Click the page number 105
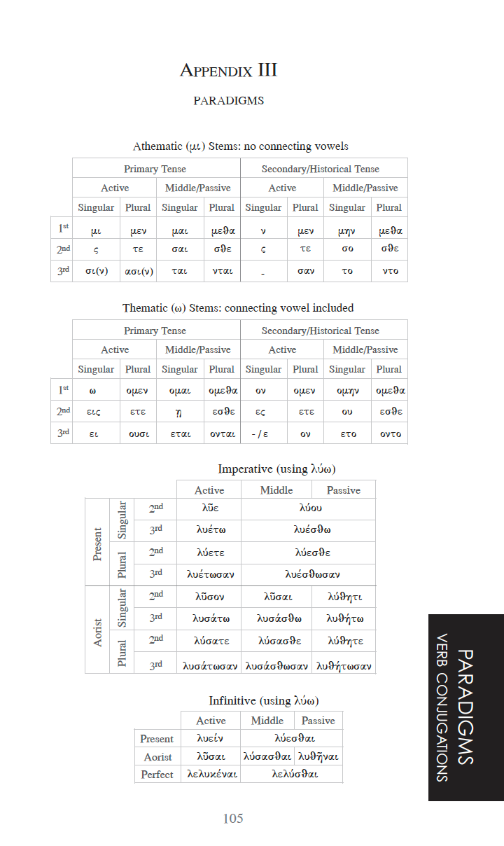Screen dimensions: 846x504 [233, 819]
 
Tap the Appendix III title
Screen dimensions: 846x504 [228, 70]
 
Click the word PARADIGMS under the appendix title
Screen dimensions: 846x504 [228, 100]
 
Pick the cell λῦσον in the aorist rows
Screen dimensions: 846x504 [209, 597]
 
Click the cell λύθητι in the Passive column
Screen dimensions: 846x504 [344, 597]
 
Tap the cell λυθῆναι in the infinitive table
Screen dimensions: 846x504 [318, 756]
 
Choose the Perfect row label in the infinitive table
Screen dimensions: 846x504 [157, 775]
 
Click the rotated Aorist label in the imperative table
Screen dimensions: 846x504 [97, 632]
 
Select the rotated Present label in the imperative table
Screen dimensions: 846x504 [97, 543]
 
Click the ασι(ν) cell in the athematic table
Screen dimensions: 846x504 [138, 271]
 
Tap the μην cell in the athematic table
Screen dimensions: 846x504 [347, 230]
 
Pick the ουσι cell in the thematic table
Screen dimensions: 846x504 [138, 434]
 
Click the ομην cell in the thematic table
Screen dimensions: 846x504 [347, 391]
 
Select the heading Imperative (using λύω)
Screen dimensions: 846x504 [272, 469]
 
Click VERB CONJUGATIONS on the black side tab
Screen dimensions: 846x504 [442, 707]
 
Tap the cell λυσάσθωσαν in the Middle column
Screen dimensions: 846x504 [276, 665]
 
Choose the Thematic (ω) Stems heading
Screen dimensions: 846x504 [238, 307]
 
